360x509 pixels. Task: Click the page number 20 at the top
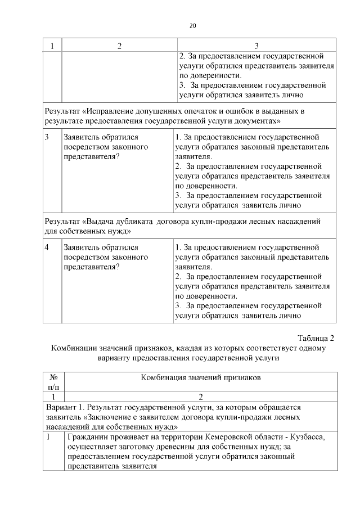(193, 26)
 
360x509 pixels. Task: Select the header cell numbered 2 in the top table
(119, 46)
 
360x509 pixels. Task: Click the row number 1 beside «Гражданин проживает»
(48, 436)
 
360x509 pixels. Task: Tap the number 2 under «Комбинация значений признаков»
(201, 397)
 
